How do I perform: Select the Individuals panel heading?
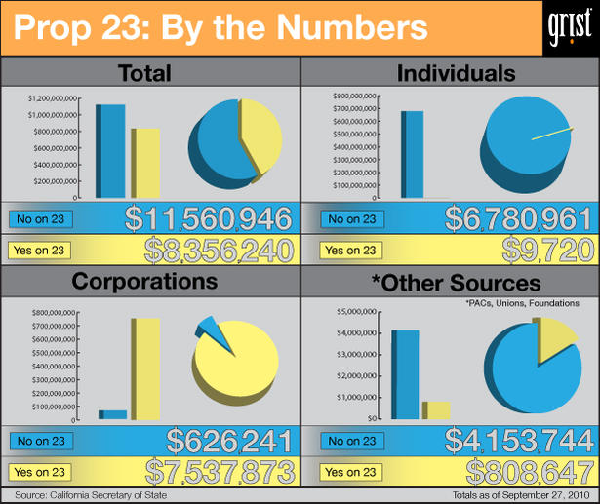click(450, 73)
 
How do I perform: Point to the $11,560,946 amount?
click(209, 219)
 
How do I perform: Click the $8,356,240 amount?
click(219, 251)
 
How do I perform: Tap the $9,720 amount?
click(546, 251)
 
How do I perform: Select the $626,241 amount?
click(230, 440)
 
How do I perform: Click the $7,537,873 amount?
click(220, 472)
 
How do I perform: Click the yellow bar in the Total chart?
click(146, 163)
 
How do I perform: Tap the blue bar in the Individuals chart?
click(413, 154)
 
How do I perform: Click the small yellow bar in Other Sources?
click(436, 410)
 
